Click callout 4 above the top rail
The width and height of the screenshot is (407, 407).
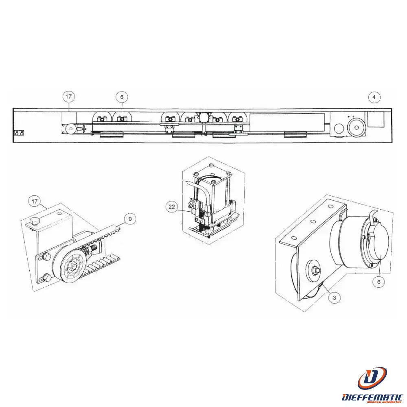(x=374, y=97)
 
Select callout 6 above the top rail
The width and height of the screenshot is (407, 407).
(x=121, y=97)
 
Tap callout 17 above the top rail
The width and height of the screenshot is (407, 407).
(x=69, y=97)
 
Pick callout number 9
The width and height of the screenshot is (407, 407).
(x=130, y=219)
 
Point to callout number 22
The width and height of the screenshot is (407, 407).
(x=172, y=207)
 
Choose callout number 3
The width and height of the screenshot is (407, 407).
(x=334, y=298)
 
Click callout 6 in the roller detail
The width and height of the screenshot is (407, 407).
(x=379, y=281)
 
